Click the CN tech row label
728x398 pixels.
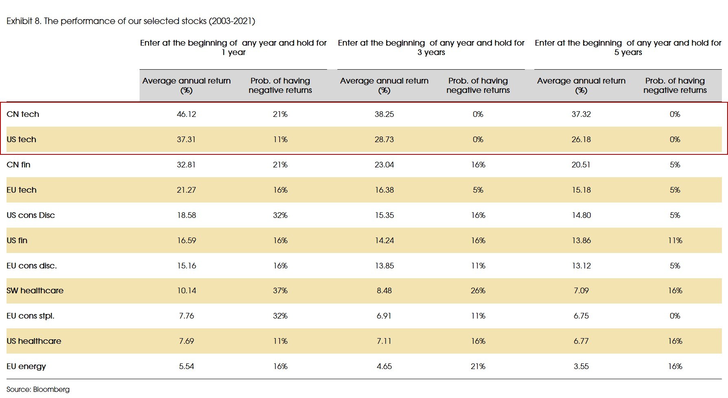23,114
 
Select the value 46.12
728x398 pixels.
186,114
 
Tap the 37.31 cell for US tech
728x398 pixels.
186,139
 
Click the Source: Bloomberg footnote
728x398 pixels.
38,389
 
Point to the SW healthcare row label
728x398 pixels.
35,290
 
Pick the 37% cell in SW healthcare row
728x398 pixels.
280,290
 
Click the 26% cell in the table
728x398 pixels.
478,290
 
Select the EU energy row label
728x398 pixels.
26,366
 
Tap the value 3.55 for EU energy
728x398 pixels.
581,366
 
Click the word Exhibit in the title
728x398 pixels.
19,21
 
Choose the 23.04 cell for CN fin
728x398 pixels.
384,165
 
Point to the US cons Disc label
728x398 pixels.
31,215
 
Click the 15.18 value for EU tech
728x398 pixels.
581,190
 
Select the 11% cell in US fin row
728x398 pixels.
675,240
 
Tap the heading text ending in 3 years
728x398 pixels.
431,47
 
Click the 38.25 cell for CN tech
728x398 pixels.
384,114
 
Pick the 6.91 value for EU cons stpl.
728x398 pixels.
384,316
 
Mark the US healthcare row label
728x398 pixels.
34,341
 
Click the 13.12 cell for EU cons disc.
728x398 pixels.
581,266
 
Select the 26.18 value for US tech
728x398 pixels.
581,139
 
